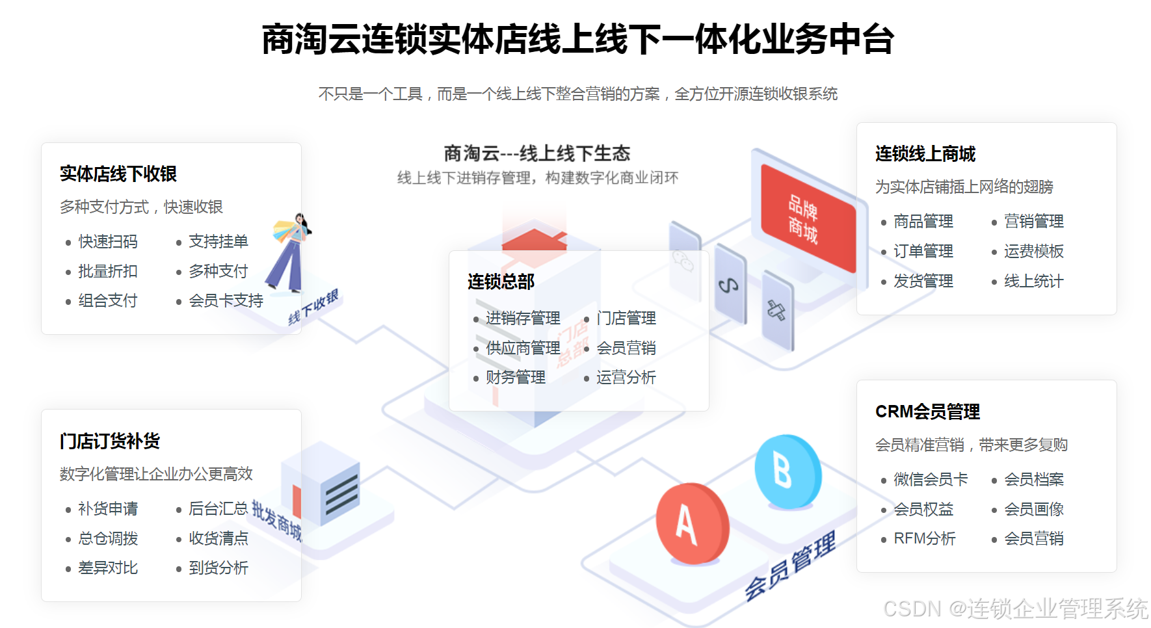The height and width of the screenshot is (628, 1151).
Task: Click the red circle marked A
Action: click(691, 523)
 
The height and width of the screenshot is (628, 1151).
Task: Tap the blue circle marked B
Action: click(787, 471)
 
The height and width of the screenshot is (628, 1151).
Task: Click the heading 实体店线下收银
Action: click(118, 174)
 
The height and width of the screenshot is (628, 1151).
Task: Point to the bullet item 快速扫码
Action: click(108, 242)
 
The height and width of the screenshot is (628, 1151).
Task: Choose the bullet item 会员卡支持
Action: click(226, 301)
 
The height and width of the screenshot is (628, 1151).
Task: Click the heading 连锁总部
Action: click(501, 281)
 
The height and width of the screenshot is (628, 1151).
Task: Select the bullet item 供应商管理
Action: click(523, 348)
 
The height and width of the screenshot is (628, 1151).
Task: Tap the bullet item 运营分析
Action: click(626, 378)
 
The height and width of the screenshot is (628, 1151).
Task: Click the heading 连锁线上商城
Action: click(925, 154)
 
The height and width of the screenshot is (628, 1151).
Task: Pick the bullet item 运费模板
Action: click(1033, 252)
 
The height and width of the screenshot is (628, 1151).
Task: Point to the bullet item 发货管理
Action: click(923, 281)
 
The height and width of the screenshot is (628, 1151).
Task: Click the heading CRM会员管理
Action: click(927, 412)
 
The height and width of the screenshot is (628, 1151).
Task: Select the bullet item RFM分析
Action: click(924, 539)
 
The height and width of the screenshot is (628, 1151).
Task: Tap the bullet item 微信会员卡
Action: click(931, 480)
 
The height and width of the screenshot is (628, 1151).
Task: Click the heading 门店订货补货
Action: click(110, 441)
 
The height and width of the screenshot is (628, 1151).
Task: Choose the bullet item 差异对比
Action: click(108, 568)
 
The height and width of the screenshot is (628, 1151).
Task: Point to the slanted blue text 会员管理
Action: click(790, 565)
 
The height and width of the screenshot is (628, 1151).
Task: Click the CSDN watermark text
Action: click(1015, 608)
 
